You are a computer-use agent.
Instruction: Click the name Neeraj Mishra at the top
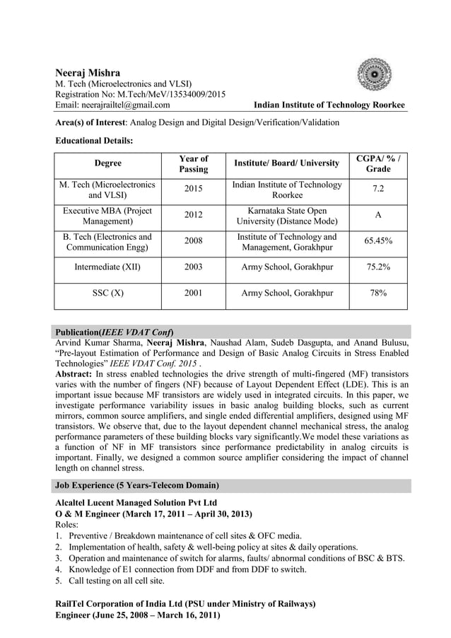click(x=88, y=73)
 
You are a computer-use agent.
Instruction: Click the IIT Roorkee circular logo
click(x=374, y=75)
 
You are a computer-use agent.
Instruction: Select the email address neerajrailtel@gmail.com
click(x=112, y=105)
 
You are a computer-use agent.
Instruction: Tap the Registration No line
click(x=141, y=95)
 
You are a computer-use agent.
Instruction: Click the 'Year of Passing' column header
click(x=193, y=163)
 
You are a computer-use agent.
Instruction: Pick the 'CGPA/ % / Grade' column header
click(x=377, y=163)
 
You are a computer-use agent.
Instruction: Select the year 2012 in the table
click(x=193, y=216)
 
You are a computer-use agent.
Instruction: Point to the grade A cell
click(x=377, y=216)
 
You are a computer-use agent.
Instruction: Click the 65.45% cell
click(x=377, y=241)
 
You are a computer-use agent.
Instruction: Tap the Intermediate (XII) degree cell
click(x=107, y=267)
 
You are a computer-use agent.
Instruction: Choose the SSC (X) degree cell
click(x=107, y=293)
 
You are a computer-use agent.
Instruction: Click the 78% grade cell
click(x=377, y=293)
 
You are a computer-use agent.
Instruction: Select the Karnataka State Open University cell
click(x=287, y=216)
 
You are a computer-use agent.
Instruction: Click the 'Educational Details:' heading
click(x=94, y=141)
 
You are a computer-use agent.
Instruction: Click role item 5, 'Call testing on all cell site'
click(x=116, y=581)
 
